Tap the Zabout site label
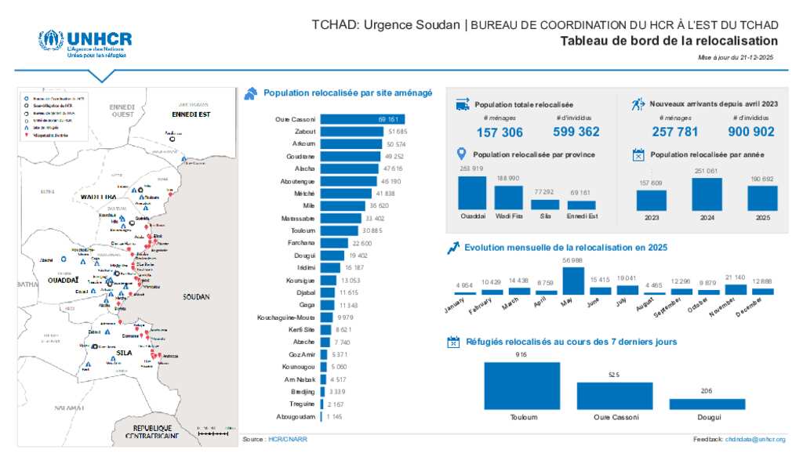[305, 132]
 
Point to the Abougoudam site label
[294, 416]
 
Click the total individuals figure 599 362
[576, 132]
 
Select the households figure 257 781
[674, 132]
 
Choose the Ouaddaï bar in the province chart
[471, 192]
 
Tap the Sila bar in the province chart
[545, 204]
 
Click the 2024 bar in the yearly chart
[707, 194]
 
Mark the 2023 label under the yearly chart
[651, 218]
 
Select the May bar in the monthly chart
[573, 281]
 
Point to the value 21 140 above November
[736, 277]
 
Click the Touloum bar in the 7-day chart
[522, 385]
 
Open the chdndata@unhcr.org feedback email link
[755, 440]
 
